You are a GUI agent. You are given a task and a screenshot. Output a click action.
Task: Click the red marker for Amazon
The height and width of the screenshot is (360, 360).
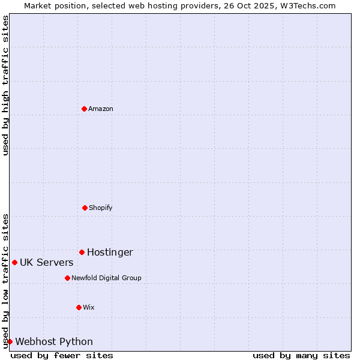[84, 109]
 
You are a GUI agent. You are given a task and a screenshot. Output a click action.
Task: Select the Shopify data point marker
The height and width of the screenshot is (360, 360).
[85, 208]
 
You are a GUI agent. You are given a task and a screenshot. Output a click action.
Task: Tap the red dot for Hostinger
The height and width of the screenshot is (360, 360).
[82, 252]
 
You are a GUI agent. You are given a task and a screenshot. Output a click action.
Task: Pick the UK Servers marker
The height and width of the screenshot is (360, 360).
[14, 262]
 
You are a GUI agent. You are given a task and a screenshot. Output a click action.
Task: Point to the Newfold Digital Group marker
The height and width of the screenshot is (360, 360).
[67, 278]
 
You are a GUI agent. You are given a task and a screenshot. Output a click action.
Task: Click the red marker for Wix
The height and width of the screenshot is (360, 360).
[79, 307]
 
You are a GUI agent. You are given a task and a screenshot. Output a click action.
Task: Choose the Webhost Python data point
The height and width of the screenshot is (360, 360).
[10, 341]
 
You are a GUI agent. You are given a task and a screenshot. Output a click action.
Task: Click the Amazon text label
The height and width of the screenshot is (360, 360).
[101, 109]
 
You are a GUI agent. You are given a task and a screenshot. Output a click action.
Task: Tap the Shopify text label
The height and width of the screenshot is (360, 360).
[101, 208]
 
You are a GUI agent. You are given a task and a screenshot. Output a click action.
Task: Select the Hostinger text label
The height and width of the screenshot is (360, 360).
[110, 252]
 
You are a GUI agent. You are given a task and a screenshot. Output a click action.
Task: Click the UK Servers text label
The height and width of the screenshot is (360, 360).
[47, 262]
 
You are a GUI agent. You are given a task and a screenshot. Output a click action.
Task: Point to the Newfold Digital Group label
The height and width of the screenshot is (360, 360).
[106, 278]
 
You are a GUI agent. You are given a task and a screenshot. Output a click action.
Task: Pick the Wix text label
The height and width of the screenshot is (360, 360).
[89, 307]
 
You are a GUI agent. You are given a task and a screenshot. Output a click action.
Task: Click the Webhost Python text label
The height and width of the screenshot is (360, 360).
[54, 341]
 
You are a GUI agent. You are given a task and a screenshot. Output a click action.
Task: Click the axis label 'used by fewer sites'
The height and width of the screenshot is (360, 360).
[62, 355]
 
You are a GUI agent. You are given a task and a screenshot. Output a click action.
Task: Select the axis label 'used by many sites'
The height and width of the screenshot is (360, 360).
[301, 355]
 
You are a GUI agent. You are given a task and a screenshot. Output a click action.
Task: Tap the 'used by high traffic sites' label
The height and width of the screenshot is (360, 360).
[5, 85]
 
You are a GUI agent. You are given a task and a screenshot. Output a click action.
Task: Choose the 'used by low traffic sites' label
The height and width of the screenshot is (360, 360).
[5, 280]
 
